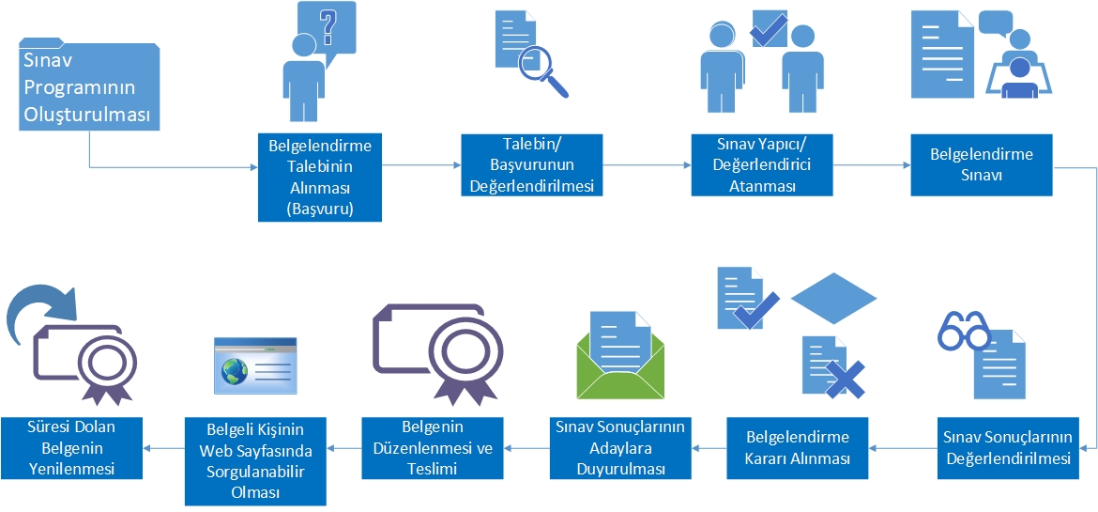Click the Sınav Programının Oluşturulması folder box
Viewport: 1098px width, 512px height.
click(89, 87)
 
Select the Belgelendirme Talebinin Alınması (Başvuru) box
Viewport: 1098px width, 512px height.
click(320, 178)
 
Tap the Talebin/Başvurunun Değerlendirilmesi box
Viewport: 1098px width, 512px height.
click(530, 164)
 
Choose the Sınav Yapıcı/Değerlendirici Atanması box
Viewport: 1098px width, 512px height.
click(762, 164)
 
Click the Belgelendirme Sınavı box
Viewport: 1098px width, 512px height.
click(981, 164)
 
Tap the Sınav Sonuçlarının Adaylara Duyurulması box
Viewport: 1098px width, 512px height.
click(619, 448)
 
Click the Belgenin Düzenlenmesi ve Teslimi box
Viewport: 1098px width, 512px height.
click(434, 448)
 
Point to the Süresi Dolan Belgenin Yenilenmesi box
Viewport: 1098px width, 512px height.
click(71, 448)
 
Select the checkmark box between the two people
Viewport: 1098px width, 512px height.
click(769, 28)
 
